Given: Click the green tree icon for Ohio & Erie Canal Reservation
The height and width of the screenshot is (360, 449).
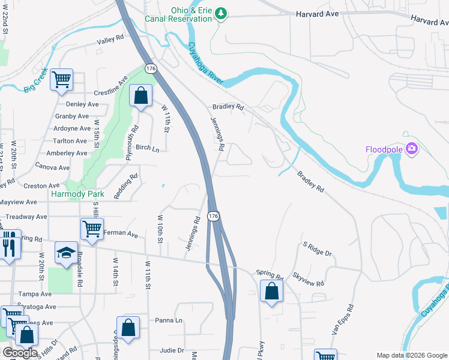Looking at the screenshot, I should [x=221, y=13].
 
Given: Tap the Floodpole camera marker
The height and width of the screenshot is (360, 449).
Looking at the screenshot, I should [x=412, y=148].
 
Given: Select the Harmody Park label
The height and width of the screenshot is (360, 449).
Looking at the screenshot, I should [x=77, y=194].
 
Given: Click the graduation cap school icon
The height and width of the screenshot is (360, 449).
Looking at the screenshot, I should [x=65, y=253].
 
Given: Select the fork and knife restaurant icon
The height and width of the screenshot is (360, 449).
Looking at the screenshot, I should [x=8, y=244].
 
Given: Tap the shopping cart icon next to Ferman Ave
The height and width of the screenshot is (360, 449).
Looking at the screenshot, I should [x=92, y=229].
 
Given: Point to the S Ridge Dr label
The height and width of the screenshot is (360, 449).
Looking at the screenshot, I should [x=317, y=249].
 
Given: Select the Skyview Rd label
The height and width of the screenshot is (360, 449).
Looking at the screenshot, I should [x=308, y=279].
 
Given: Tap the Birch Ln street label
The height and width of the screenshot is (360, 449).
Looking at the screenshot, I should [x=147, y=148].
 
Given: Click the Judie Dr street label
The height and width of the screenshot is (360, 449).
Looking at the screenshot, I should [x=172, y=350].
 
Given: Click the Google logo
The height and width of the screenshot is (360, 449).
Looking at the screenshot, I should [x=20, y=353].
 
